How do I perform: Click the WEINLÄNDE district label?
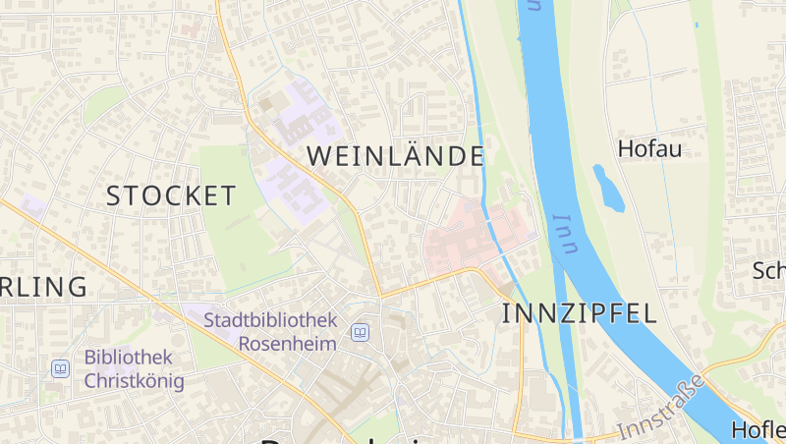click(396, 156)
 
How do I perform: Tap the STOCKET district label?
click(171, 195)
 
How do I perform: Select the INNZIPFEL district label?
click(579, 314)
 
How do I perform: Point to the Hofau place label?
click(649, 149)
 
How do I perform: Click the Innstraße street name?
click(661, 407)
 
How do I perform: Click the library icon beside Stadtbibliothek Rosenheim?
click(361, 333)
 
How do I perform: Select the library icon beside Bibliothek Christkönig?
click(61, 369)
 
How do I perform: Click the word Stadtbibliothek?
click(270, 320)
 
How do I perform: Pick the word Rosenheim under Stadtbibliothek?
click(288, 344)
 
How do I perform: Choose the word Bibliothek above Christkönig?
click(129, 358)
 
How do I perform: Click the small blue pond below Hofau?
click(608, 188)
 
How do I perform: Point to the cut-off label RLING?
click(43, 287)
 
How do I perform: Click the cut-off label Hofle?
click(758, 430)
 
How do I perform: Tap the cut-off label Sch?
click(768, 271)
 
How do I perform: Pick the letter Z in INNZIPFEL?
click(560, 314)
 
